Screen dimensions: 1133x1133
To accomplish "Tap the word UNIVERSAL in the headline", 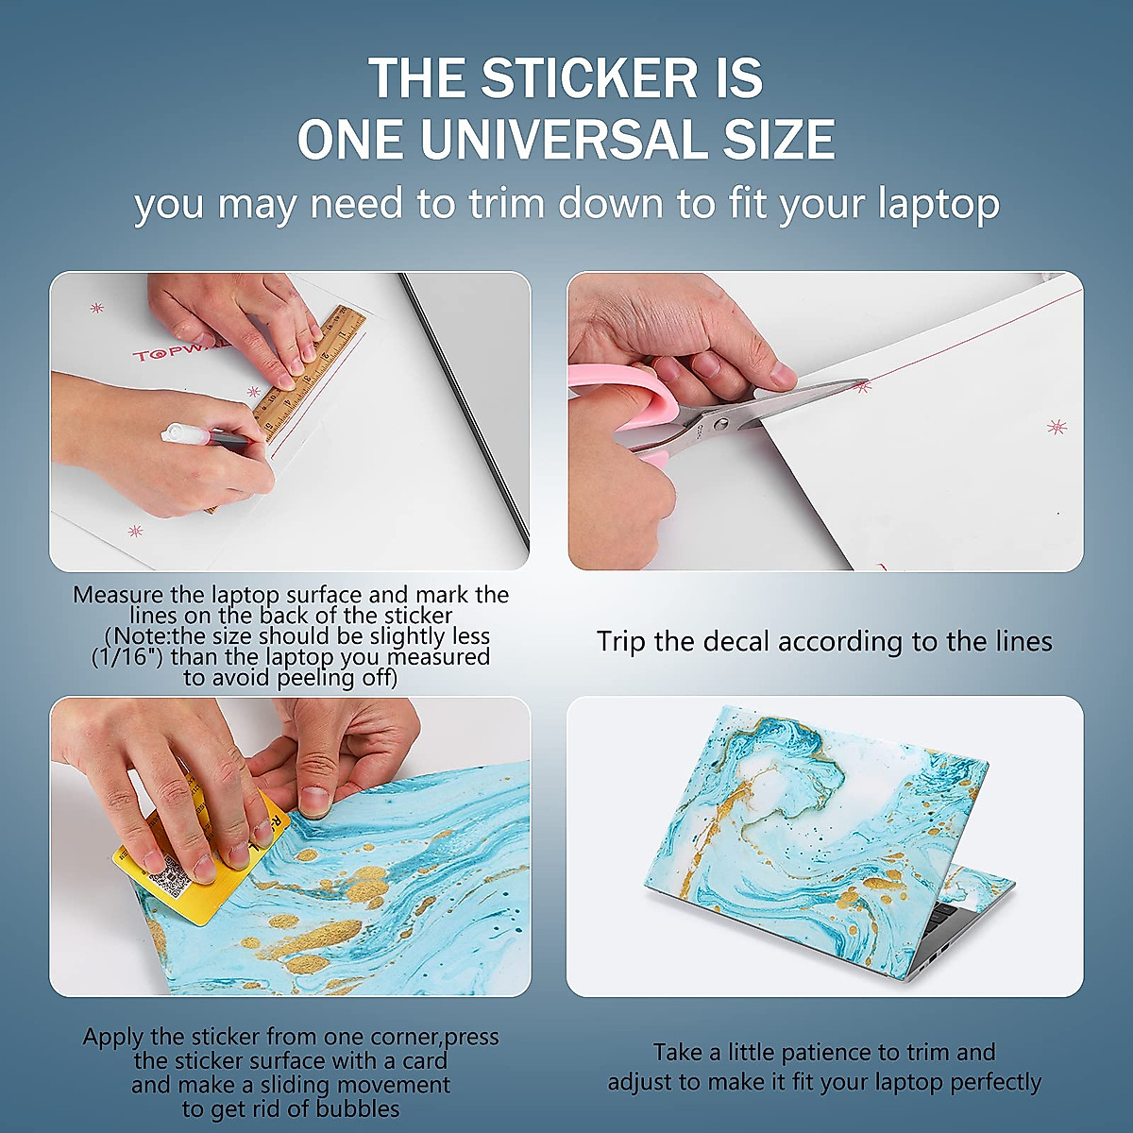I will [x=565, y=140].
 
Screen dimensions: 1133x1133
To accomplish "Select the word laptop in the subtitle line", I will [x=938, y=204].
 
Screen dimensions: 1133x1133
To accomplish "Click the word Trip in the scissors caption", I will [x=621, y=642].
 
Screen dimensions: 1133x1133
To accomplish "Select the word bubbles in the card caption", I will [x=356, y=1108].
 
